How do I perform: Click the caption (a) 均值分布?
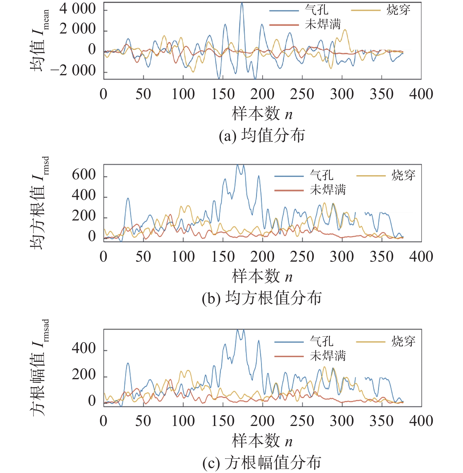tap(262, 136)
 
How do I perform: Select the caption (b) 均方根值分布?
tap(262, 298)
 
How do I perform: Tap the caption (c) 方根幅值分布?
tap(262, 463)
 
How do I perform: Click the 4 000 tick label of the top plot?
tap(78, 9)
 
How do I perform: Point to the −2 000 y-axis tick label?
tap(73, 71)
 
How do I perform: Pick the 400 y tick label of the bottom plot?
tap(84, 349)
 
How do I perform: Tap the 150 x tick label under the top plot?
tap(223, 94)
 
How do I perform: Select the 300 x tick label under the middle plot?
tap(342, 257)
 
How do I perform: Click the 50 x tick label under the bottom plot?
tap(143, 421)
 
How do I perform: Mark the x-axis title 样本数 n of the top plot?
tap(262, 114)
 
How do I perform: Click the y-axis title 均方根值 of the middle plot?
tap(38, 203)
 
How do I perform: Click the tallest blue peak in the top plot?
tap(242, 4)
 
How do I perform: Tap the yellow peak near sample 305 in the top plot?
tap(345, 30)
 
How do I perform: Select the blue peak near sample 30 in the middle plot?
tap(128, 198)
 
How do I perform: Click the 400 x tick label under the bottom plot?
tap(421, 421)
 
